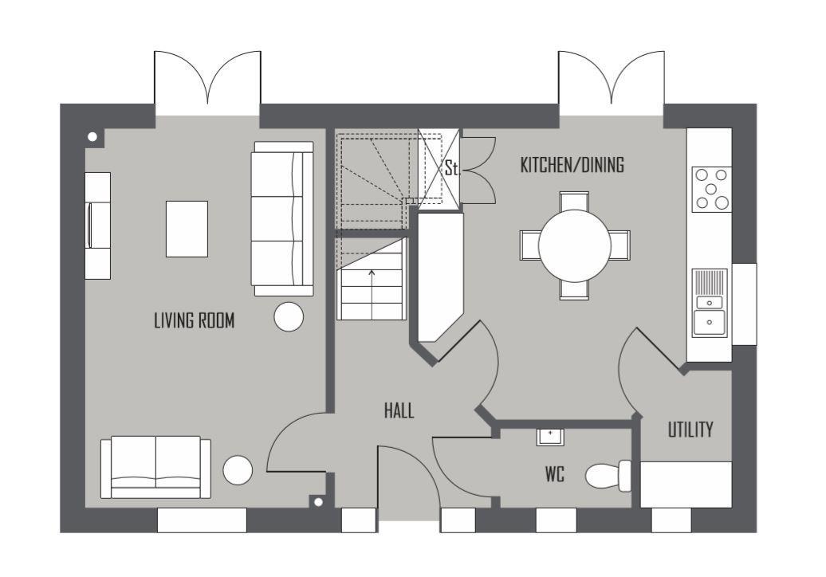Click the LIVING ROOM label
194,320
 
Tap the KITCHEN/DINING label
572,165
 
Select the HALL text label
399,410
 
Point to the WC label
554,474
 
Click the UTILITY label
690,430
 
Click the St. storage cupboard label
451,168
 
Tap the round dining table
574,245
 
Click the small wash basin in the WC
550,436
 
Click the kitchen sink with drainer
710,303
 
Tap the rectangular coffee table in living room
187,229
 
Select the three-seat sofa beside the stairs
282,218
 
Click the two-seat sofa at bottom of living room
155,466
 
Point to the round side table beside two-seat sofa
238,470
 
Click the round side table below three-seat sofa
289,317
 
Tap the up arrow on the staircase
372,275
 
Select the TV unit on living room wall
97,226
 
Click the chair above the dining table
574,201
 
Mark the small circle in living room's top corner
92,137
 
